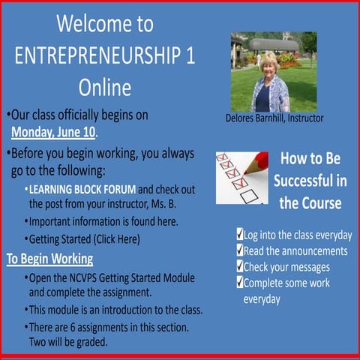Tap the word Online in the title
(x=104, y=87)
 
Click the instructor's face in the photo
(x=268, y=64)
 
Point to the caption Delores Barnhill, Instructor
(x=274, y=118)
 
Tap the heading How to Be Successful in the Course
(x=310, y=181)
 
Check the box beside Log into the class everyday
(x=239, y=235)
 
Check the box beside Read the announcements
(x=239, y=250)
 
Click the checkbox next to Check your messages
(x=239, y=266)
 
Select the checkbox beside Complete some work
(x=239, y=283)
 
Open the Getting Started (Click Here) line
(x=85, y=239)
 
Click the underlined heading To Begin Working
(x=49, y=259)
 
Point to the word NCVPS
(x=89, y=277)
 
